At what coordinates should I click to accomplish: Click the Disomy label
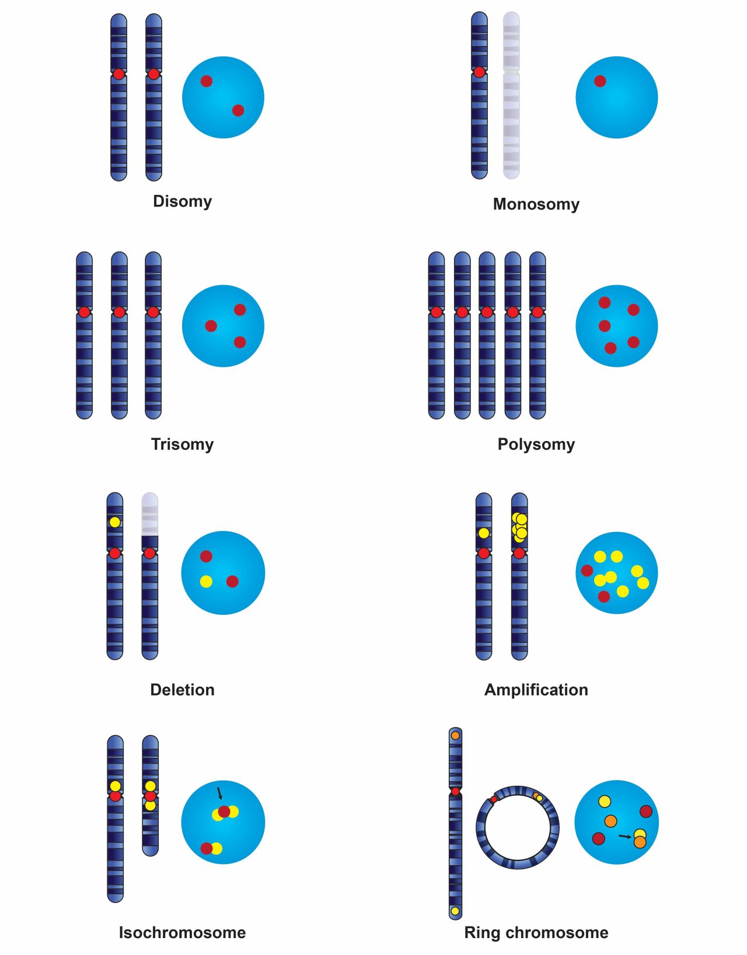(x=182, y=201)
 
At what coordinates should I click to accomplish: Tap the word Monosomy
(x=536, y=204)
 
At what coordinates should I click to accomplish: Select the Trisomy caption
(x=182, y=444)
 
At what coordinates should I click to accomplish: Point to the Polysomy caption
(x=536, y=444)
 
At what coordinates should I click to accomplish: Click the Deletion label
(x=182, y=690)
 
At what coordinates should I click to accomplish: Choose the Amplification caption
(x=536, y=690)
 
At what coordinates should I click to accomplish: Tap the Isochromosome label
(x=182, y=932)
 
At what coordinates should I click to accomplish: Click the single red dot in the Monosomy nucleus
(x=600, y=81)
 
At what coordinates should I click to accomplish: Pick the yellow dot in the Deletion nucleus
(x=206, y=581)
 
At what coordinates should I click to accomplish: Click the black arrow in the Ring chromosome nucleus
(x=625, y=837)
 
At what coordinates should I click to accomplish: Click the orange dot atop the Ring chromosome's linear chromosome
(x=455, y=736)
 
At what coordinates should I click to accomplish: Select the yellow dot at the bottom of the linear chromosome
(x=455, y=911)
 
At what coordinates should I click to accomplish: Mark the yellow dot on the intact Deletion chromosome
(x=115, y=522)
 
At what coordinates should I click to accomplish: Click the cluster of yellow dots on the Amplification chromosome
(x=519, y=526)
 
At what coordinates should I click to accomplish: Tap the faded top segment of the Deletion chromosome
(x=150, y=513)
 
